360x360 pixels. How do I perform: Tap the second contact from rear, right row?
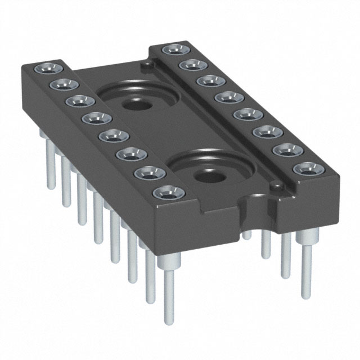point(189,65)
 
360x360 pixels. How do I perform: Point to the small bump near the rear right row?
point(147,66)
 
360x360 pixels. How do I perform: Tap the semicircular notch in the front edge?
point(251,217)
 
